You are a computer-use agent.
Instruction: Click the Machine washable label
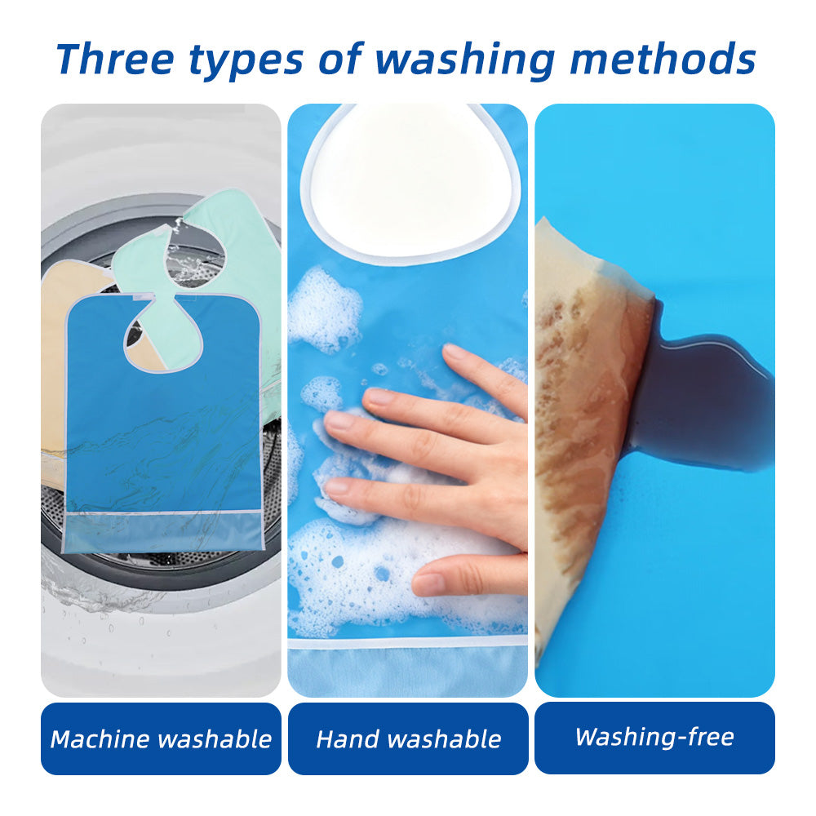click(x=161, y=739)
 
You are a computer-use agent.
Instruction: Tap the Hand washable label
click(x=408, y=739)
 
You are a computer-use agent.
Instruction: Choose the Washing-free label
click(x=654, y=737)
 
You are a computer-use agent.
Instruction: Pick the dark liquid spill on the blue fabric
click(x=702, y=400)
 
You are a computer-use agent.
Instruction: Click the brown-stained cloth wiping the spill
click(x=588, y=392)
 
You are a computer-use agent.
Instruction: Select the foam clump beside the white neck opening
click(x=322, y=310)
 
